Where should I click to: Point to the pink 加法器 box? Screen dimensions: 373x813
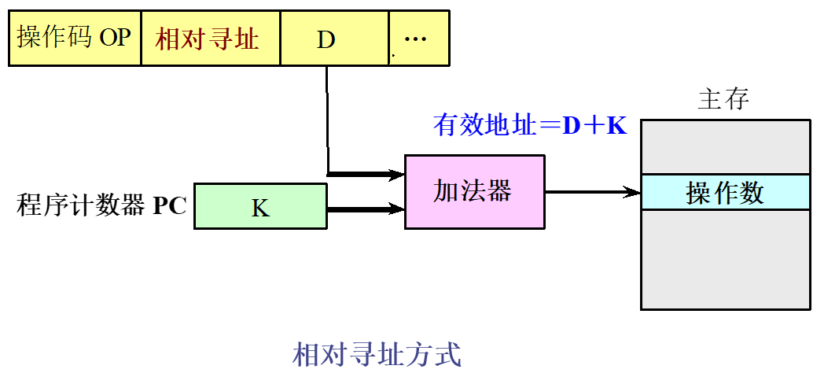[x=473, y=191]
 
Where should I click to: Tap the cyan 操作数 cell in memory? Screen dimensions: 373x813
[x=725, y=192]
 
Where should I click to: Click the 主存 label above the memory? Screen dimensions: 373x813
[x=723, y=99]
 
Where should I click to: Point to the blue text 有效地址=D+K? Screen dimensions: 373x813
[x=530, y=125]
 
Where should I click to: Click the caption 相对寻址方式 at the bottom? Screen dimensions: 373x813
[x=377, y=354]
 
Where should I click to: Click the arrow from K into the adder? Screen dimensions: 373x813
[x=366, y=209]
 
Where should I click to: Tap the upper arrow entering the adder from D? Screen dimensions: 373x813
[x=366, y=174]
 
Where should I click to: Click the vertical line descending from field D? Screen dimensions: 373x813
[x=327, y=118]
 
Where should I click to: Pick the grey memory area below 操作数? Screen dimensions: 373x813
[x=725, y=259]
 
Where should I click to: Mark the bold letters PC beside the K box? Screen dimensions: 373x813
[x=170, y=206]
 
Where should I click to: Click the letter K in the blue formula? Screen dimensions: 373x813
[x=616, y=125]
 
